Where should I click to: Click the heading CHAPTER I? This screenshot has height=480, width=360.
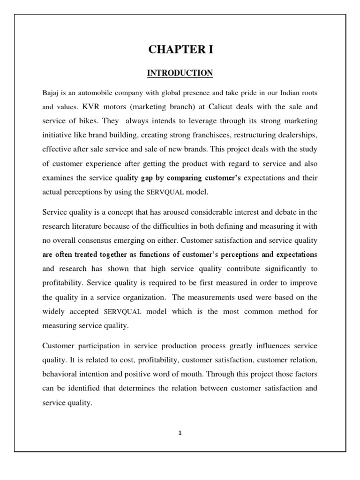click(x=180, y=49)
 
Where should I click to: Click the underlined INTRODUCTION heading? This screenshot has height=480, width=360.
click(x=180, y=73)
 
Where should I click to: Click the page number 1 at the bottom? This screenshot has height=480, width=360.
click(x=180, y=433)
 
